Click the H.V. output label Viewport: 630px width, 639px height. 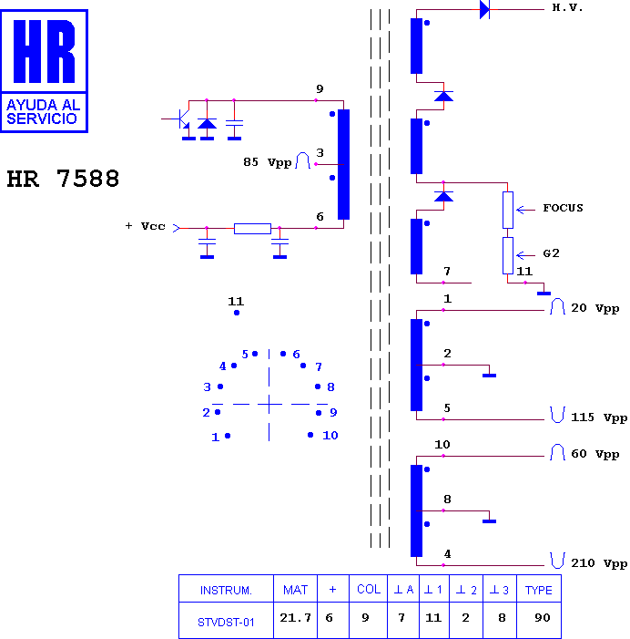567,7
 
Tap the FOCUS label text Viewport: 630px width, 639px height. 563,208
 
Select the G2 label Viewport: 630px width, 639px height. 551,253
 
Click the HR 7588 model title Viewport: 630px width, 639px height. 63,179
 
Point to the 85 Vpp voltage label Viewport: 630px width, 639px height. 268,162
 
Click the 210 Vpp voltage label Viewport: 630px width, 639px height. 599,563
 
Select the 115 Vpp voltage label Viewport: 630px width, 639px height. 599,417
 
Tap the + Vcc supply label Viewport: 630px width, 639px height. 146,226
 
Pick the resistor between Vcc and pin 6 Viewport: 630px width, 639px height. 252,229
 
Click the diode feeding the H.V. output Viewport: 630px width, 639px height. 484,9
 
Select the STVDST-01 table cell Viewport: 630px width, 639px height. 226,623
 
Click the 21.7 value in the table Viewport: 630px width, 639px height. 295,618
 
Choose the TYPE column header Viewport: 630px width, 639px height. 538,590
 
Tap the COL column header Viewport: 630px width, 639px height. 369,589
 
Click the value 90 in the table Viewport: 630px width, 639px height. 543,618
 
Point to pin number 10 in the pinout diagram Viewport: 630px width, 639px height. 330,435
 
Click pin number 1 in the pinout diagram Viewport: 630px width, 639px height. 215,438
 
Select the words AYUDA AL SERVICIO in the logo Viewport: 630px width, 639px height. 43,111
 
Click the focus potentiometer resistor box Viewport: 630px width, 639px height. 507,210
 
